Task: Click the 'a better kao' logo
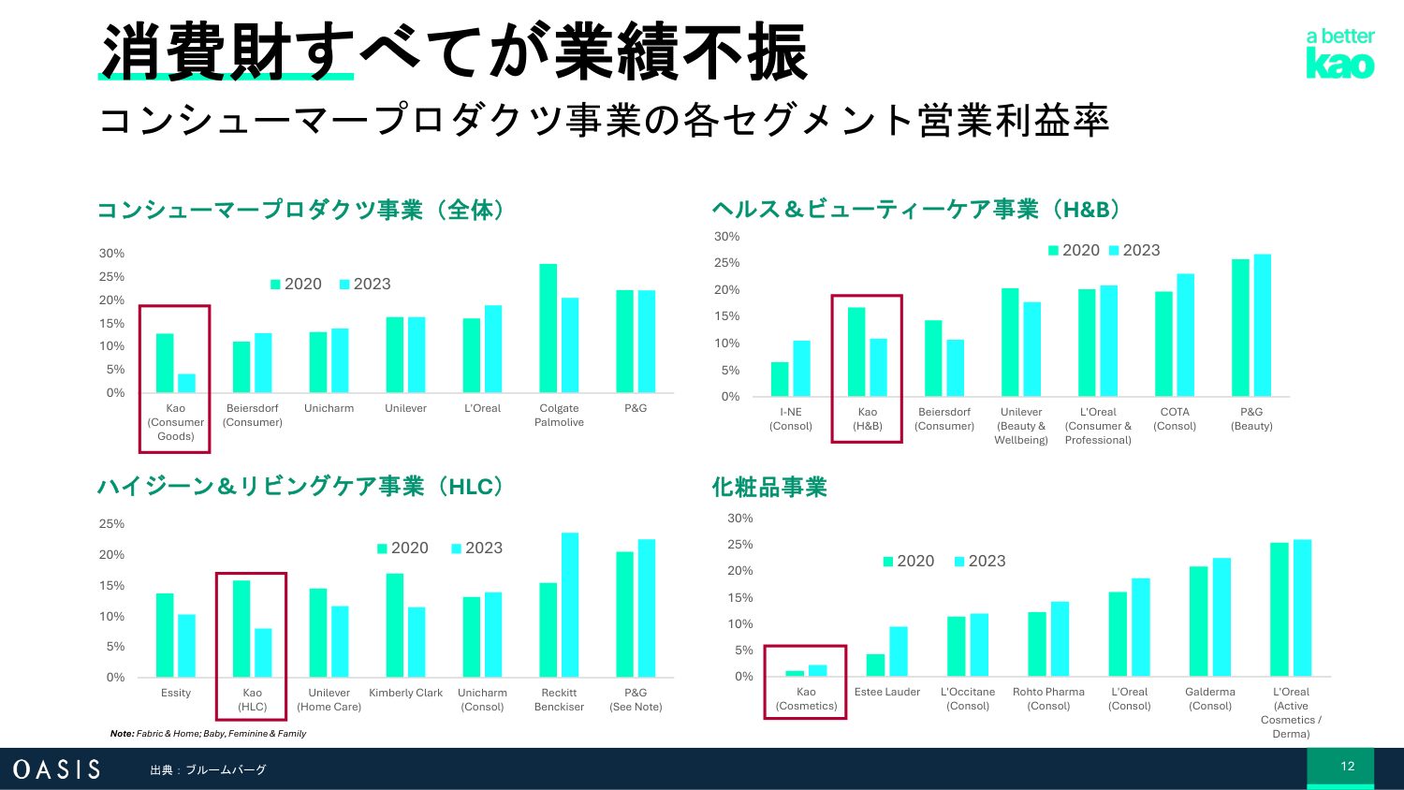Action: click(1339, 54)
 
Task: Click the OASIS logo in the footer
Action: click(56, 769)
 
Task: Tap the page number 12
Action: click(1347, 767)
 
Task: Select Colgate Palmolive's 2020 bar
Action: click(548, 328)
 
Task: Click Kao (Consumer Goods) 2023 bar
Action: click(187, 383)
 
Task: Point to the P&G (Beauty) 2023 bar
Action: click(1263, 325)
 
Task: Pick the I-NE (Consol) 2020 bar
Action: click(780, 379)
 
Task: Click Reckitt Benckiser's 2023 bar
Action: click(570, 605)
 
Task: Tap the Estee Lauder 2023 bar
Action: click(899, 651)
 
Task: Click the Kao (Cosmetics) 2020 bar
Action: click(795, 673)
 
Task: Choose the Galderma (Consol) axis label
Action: click(1210, 699)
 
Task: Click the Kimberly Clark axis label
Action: click(405, 693)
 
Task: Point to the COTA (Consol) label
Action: click(1175, 418)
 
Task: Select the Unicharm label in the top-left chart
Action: click(329, 408)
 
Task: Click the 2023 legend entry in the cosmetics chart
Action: click(979, 561)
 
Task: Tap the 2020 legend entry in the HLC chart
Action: click(402, 548)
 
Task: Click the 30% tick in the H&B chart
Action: click(726, 236)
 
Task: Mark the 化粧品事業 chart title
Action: click(769, 488)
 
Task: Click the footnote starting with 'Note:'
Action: click(208, 734)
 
